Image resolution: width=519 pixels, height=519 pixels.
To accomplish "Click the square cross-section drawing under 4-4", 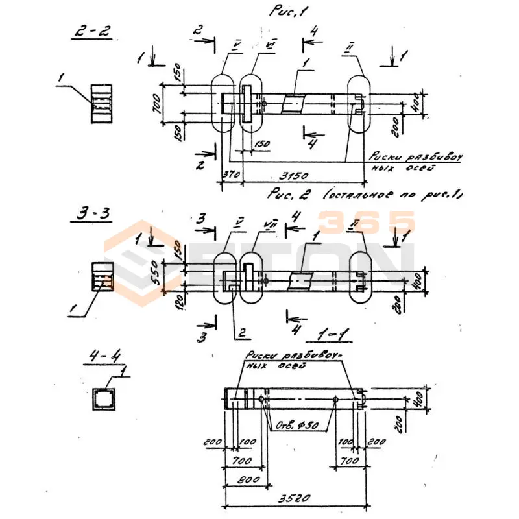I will click(103, 399).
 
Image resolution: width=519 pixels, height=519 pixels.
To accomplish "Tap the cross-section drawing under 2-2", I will click(102, 103).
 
